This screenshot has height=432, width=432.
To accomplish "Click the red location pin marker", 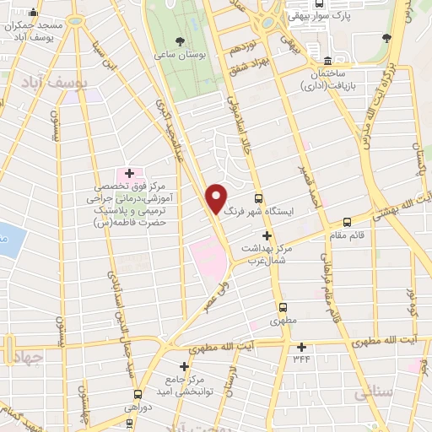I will click(x=217, y=198).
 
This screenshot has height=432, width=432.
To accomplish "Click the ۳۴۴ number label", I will click(x=302, y=359).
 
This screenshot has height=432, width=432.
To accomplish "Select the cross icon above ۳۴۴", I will click(x=301, y=346).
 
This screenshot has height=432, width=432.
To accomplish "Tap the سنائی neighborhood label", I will click(x=374, y=393).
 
